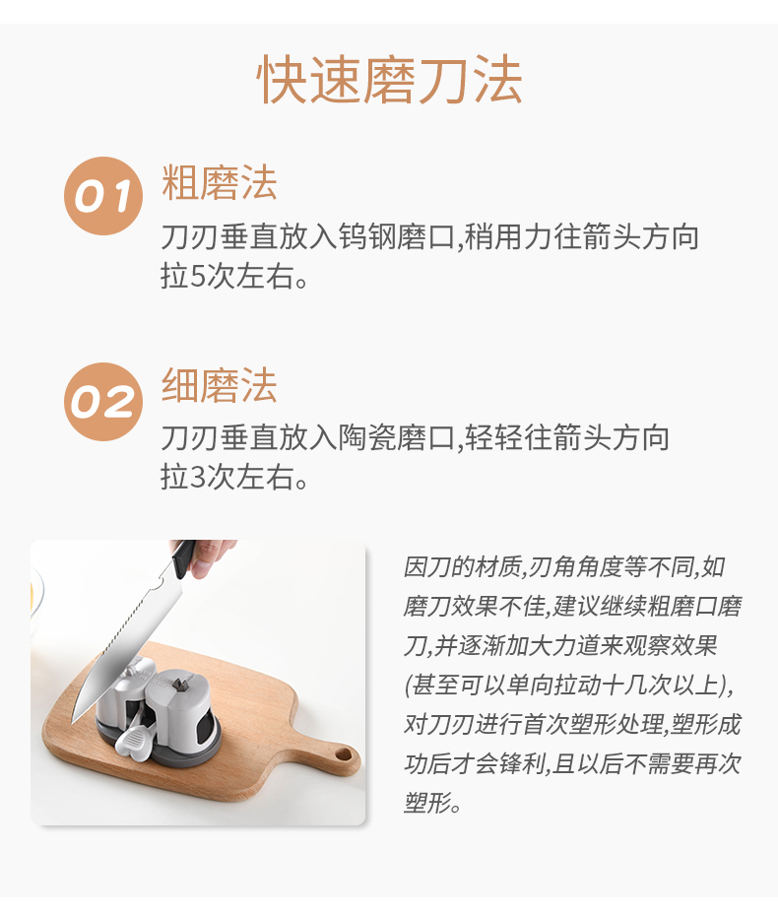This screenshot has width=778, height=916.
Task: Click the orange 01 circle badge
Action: tap(103, 196)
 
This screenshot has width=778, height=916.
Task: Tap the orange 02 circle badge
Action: tap(103, 402)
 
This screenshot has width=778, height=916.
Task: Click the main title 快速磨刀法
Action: tap(389, 80)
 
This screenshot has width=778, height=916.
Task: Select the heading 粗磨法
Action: tap(219, 182)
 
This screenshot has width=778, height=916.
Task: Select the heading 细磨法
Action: tap(219, 385)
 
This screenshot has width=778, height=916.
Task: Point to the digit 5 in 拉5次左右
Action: tap(198, 276)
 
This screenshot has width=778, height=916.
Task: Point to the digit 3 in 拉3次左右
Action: tap(198, 478)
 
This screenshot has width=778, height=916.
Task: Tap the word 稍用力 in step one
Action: tap(509, 237)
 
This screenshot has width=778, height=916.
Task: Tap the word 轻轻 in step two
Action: tap(494, 438)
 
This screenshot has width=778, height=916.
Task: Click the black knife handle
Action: tap(184, 557)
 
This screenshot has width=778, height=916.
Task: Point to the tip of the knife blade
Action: tap(73, 723)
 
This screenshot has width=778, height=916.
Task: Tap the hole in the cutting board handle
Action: tap(344, 754)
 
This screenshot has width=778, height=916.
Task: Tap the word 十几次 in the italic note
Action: tap(635, 685)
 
